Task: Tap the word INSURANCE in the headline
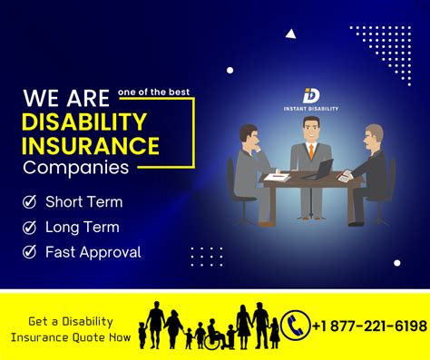tap(92, 145)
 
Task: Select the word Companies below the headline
tap(76, 168)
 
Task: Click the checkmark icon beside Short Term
tap(30, 202)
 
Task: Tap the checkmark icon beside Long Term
tap(30, 228)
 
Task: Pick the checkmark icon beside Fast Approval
tap(30, 253)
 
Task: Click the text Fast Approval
tap(93, 253)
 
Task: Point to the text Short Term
tap(83, 202)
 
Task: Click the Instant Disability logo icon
tap(310, 94)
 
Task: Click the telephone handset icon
tap(295, 325)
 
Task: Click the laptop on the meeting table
tap(320, 169)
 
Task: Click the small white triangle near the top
tap(290, 34)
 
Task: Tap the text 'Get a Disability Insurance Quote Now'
tap(71, 329)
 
